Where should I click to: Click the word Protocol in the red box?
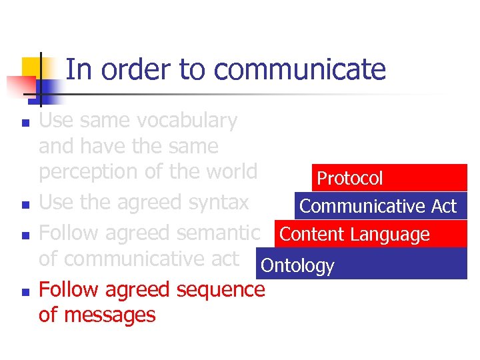click(x=350, y=178)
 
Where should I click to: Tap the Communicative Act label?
click(x=378, y=206)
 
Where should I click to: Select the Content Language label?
click(x=355, y=234)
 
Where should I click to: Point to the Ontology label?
click(x=297, y=265)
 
